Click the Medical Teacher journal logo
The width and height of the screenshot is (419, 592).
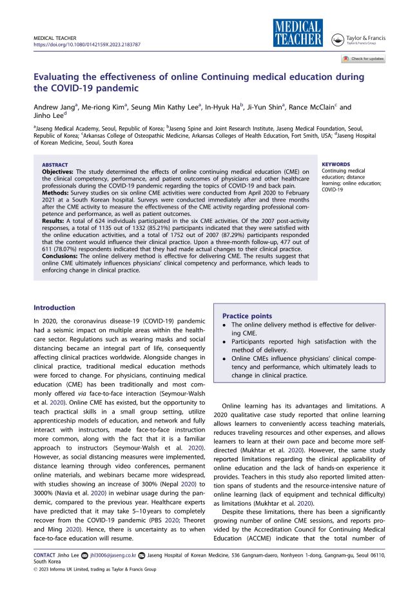(297, 33)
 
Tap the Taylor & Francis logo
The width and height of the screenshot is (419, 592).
(358, 40)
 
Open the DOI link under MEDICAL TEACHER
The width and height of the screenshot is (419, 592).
(86, 46)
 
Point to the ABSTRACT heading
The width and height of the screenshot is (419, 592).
(55, 165)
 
